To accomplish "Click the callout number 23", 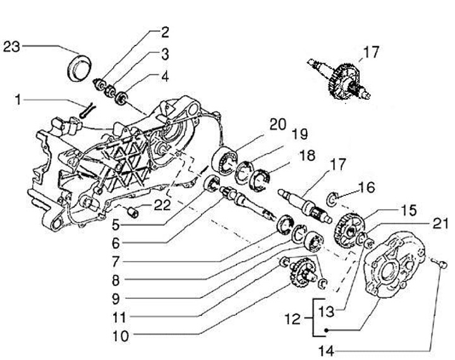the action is tap(11, 47).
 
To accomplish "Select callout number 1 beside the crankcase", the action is tap(18, 100).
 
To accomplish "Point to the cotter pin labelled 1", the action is tap(87, 111).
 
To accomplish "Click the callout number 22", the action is tap(162, 206).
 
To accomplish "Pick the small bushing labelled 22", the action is tap(133, 212).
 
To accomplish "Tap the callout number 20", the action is tap(277, 124).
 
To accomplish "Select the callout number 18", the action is tap(306, 155).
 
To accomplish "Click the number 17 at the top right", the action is tap(371, 52).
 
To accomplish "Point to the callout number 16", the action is tap(367, 187).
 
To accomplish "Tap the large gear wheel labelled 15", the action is tap(349, 230).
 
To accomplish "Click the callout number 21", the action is tap(440, 224).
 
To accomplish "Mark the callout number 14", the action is tap(327, 352).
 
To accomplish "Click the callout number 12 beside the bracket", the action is tap(293, 320).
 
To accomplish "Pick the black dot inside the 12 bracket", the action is tap(326, 330).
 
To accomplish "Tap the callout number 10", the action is tap(120, 336).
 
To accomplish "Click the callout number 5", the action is tap(116, 225).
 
